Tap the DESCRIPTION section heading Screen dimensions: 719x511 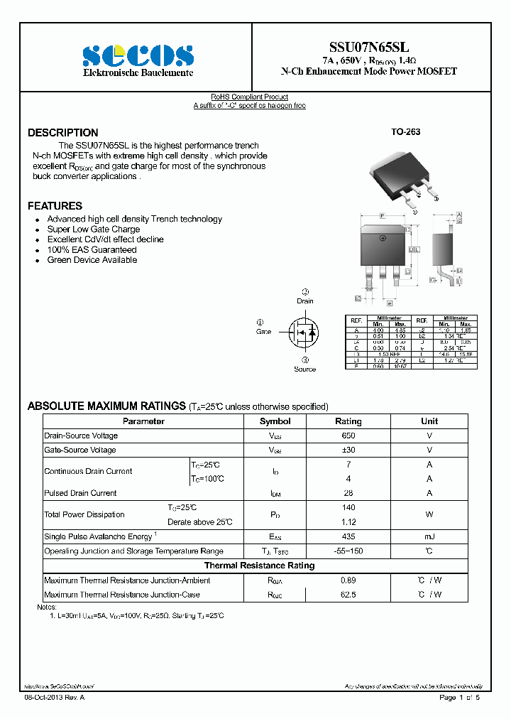pos(63,133)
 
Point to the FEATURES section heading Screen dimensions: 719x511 pos(55,206)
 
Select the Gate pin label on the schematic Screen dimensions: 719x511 pos(264,332)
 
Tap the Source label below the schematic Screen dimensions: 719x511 pos(304,369)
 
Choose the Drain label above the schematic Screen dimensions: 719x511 pos(305,301)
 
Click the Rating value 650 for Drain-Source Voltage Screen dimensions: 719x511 pos(348,436)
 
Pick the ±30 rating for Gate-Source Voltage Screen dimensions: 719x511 pos(348,450)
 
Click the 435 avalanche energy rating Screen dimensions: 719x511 pos(348,536)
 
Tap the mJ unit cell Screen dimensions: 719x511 pos(429,536)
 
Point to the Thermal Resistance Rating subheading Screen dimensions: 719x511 pos(259,566)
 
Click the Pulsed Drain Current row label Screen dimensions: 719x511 pos(80,493)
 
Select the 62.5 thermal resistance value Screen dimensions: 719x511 pos(348,595)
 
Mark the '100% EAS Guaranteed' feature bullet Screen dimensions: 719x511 pos(92,250)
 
